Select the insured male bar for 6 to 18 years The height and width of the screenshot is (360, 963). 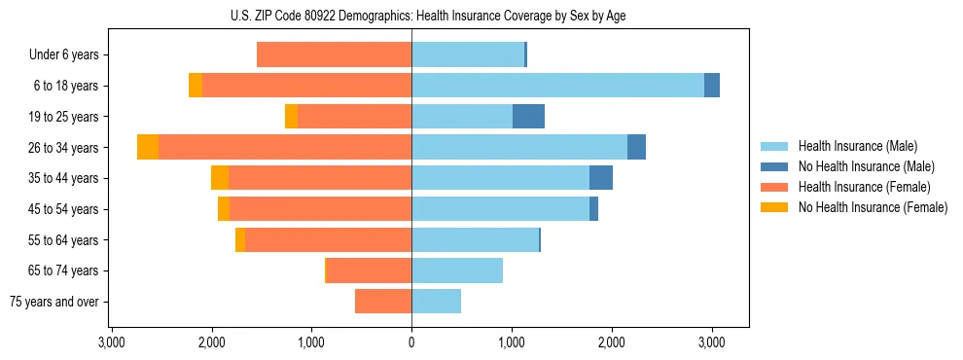coord(557,86)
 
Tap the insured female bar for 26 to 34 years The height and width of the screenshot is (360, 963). coord(285,147)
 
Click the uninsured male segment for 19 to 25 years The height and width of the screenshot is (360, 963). coord(528,117)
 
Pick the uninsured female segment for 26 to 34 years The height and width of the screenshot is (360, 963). coord(148,147)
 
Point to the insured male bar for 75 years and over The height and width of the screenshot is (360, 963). coord(436,302)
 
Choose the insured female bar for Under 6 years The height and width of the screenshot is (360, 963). coord(334,54)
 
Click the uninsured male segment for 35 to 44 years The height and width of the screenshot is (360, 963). coord(601,178)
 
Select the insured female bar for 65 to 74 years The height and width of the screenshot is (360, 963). coord(369,270)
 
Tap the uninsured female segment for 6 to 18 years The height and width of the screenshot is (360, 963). coord(196,86)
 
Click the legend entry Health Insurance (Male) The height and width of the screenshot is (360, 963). coord(857,146)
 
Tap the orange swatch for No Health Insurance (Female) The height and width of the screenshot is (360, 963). coord(774,207)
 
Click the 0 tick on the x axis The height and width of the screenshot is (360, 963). coord(411,343)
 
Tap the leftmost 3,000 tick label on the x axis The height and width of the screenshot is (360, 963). coord(112,343)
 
